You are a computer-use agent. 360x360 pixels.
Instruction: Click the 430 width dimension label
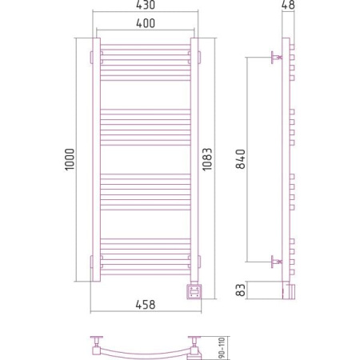tap(146, 5)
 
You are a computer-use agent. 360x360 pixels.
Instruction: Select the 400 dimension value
tap(146, 23)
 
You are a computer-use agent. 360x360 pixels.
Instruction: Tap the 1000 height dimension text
tap(70, 159)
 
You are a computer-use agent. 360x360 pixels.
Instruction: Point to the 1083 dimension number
tap(207, 159)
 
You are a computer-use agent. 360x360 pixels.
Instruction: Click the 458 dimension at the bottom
tap(146, 305)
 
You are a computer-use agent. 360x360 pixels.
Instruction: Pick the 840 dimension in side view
tap(241, 159)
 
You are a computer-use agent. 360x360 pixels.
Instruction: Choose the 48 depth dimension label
tap(288, 5)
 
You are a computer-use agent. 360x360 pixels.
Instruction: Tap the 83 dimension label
tap(241, 290)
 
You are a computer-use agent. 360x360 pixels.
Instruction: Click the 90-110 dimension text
tap(222, 348)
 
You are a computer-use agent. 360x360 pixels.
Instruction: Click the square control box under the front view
tap(194, 292)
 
